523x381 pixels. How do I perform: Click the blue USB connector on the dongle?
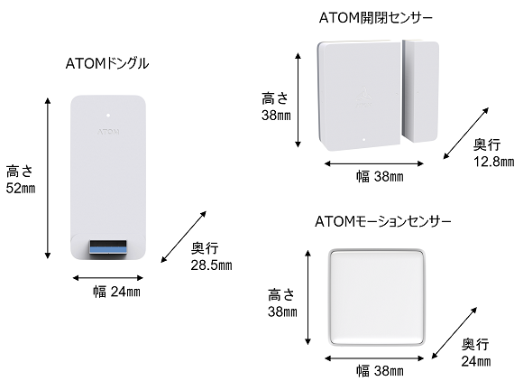click(107, 247)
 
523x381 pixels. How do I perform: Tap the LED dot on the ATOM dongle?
click(108, 116)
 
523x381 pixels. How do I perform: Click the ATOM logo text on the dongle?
click(108, 132)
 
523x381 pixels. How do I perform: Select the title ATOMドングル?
click(107, 63)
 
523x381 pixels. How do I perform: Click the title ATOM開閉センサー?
click(376, 18)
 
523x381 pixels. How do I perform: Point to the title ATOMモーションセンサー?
click(383, 221)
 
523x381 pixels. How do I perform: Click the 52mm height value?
click(21, 189)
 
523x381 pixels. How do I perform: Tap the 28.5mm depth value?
click(212, 265)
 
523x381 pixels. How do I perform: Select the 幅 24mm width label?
click(116, 292)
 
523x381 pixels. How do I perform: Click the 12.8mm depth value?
click(494, 162)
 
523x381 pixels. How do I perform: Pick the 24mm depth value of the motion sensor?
click(476, 361)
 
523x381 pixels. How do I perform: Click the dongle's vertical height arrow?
click(48, 179)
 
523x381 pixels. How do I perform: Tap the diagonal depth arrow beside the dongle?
click(184, 237)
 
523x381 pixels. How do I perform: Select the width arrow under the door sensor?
click(374, 163)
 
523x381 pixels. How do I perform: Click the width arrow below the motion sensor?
click(374, 358)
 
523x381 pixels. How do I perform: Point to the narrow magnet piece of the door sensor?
click(420, 91)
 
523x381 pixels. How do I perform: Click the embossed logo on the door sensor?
click(363, 97)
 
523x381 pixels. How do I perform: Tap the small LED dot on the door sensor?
click(364, 140)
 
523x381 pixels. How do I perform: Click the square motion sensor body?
click(377, 297)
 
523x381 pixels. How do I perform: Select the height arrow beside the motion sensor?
click(307, 297)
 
